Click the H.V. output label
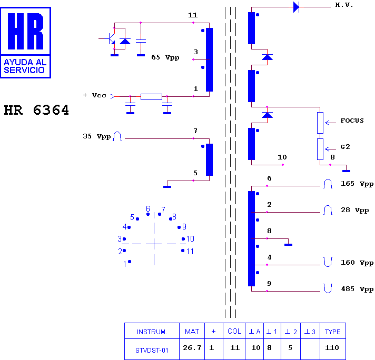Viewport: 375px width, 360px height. tap(344, 5)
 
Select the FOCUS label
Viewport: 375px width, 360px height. tap(352, 121)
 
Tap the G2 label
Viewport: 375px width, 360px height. tap(345, 146)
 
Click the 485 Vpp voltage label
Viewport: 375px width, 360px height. tap(357, 289)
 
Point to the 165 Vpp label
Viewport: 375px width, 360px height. tap(357, 184)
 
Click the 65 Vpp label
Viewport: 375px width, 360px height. tap(165, 57)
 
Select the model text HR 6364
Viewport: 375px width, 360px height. tap(36, 110)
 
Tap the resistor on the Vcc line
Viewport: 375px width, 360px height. tap(151, 96)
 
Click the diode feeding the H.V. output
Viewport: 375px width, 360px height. tap(297, 7)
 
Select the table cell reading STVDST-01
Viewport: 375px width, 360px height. tap(152, 351)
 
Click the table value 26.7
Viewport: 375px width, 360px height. tap(192, 348)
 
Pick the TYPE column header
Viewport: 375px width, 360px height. tap(333, 332)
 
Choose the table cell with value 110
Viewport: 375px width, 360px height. tap(332, 348)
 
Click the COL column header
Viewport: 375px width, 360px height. tap(234, 331)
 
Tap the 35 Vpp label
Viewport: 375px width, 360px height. tap(96, 136)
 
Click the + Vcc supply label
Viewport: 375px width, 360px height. tap(94, 95)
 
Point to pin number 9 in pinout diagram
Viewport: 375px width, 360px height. tap(184, 227)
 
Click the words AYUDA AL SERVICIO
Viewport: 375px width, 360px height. tap(25, 66)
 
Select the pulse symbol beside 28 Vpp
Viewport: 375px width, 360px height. tap(328, 210)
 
